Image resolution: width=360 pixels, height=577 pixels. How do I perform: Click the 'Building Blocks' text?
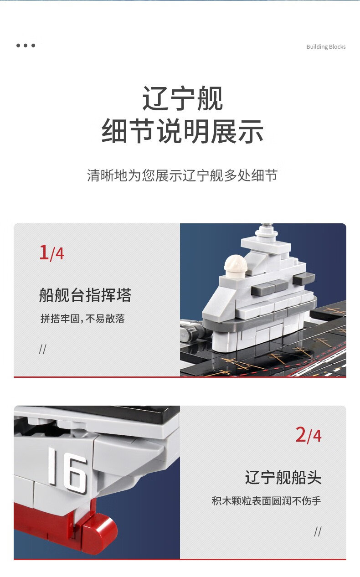pyautogui.click(x=326, y=47)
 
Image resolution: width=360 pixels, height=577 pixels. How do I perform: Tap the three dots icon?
pyautogui.click(x=26, y=46)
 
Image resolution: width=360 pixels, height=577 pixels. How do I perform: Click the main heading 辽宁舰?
pyautogui.click(x=182, y=98)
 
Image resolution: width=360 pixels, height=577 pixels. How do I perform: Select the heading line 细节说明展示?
pyautogui.click(x=182, y=131)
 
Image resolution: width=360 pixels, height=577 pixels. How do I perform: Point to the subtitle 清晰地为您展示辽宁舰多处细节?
pyautogui.click(x=182, y=175)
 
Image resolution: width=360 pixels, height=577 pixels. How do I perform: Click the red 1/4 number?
pyautogui.click(x=51, y=252)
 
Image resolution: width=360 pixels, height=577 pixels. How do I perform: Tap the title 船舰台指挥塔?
pyautogui.click(x=85, y=295)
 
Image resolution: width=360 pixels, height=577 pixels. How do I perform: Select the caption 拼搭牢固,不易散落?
pyautogui.click(x=82, y=319)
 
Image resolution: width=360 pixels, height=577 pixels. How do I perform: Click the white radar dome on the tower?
pyautogui.click(x=236, y=266)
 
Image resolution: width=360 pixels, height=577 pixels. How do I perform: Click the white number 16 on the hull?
pyautogui.click(x=68, y=469)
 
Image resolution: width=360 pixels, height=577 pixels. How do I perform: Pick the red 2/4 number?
pyautogui.click(x=309, y=435)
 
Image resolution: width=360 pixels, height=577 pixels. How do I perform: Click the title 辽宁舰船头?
pyautogui.click(x=283, y=477)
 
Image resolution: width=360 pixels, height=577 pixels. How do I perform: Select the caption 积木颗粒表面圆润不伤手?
pyautogui.click(x=266, y=501)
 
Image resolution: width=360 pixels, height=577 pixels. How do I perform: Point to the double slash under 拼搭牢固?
pyautogui.click(x=43, y=349)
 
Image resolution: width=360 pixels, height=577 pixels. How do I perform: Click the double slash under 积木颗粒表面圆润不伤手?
pyautogui.click(x=318, y=531)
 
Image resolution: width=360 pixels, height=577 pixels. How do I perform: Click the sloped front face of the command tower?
pyautogui.click(x=219, y=301)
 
